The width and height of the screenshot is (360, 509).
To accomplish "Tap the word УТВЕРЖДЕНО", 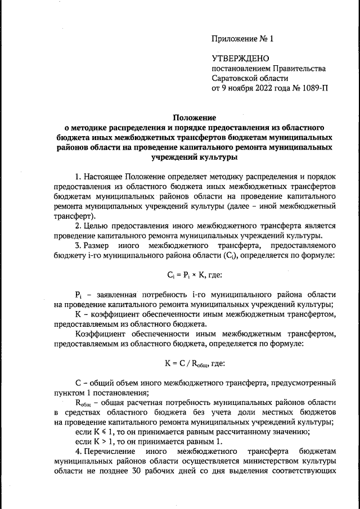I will point(241,58).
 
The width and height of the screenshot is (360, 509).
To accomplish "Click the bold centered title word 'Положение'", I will point(194,118).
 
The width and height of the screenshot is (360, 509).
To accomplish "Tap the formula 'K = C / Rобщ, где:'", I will point(194,363).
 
